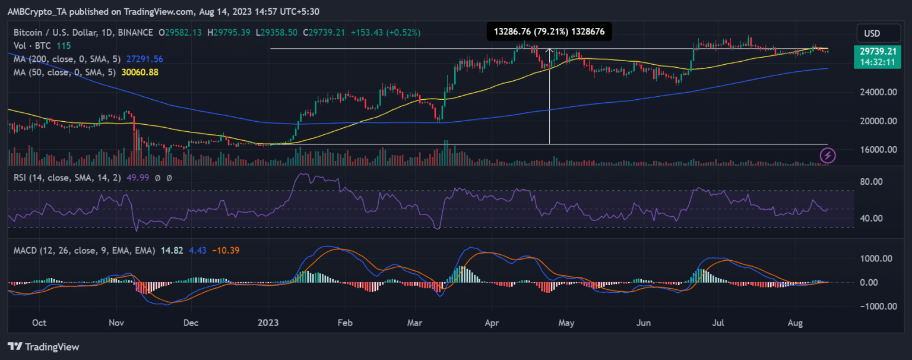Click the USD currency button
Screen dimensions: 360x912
pyautogui.click(x=872, y=33)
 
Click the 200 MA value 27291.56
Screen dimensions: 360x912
pyautogui.click(x=141, y=59)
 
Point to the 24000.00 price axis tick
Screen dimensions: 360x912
pyautogui.click(x=876, y=93)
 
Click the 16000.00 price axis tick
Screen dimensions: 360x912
pyautogui.click(x=876, y=150)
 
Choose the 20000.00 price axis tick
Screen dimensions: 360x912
pyautogui.click(x=876, y=121)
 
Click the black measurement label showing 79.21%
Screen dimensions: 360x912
pyautogui.click(x=549, y=32)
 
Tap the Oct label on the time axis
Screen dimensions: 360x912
pyautogui.click(x=39, y=323)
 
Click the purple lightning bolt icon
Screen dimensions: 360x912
pyautogui.click(x=828, y=156)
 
